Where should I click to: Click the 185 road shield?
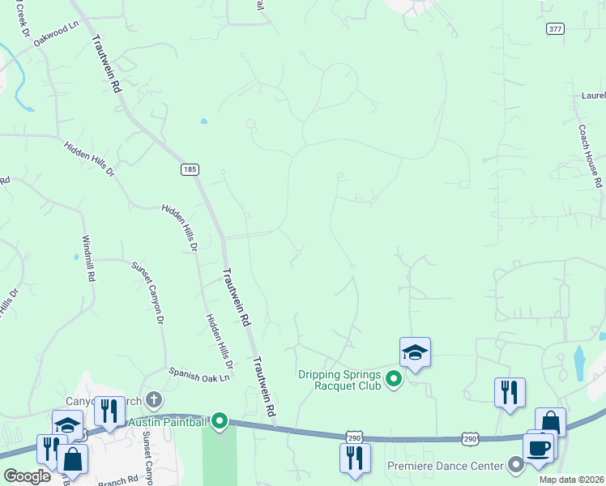pyautogui.click(x=189, y=169)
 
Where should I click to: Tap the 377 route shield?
pyautogui.click(x=555, y=28)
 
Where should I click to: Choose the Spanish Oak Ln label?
pyautogui.click(x=199, y=374)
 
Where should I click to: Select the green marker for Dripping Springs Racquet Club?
pyautogui.click(x=394, y=378)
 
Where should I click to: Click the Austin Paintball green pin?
pyautogui.click(x=220, y=421)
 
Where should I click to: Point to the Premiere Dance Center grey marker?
pyautogui.click(x=516, y=465)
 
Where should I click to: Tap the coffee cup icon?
pyautogui.click(x=537, y=448)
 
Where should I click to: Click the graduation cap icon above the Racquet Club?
pyautogui.click(x=415, y=352)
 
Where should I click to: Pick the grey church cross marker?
pyautogui.click(x=154, y=399)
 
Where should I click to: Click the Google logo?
pyautogui.click(x=27, y=476)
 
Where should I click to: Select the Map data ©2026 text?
pyautogui.click(x=570, y=480)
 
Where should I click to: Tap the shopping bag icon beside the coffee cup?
pyautogui.click(x=550, y=422)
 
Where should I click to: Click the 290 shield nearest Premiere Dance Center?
pyautogui.click(x=470, y=438)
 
